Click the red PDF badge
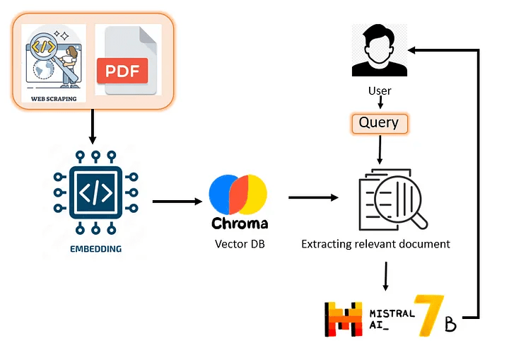[x=122, y=70]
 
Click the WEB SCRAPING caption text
[x=54, y=99]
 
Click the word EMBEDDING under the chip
[x=95, y=249]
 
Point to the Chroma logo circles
[x=238, y=193]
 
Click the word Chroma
[x=240, y=223]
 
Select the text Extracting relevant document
[x=375, y=244]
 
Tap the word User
[x=380, y=91]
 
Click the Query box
[x=379, y=123]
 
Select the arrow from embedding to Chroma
[x=177, y=201]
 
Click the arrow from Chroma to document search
[x=313, y=197]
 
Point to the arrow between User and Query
[x=380, y=103]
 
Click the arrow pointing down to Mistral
[x=385, y=277]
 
